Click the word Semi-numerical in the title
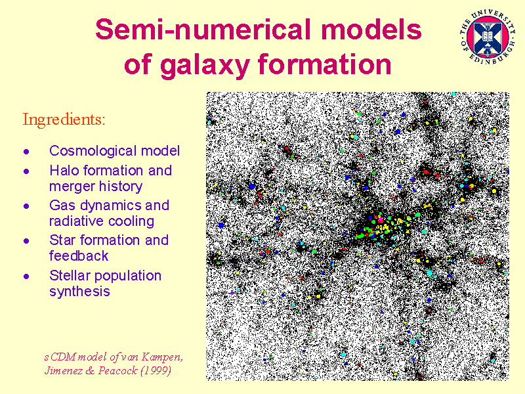pos(205,30)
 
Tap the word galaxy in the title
pos(205,64)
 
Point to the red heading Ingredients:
pos(64,120)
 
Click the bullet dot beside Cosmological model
pos(26,152)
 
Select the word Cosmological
pos(93,151)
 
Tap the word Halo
pos(64,171)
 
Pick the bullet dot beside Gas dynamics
pos(26,206)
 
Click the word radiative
pos(76,221)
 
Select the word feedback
pos(79,256)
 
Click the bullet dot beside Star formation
pos(26,241)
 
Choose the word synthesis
pos(79,292)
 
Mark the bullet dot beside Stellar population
pos(26,276)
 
